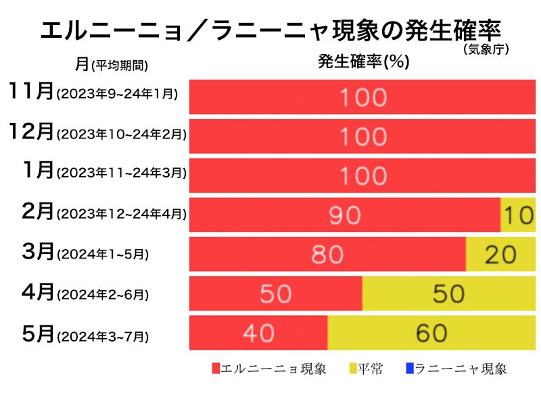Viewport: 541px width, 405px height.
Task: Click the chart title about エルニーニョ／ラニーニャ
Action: click(x=270, y=30)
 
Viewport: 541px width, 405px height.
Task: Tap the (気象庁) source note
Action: click(x=486, y=49)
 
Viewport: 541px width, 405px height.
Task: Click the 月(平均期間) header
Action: click(x=112, y=64)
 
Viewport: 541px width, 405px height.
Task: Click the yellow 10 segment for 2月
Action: click(x=518, y=215)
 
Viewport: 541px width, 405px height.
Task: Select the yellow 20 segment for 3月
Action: click(x=500, y=254)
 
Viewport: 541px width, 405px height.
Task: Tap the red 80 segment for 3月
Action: click(x=327, y=254)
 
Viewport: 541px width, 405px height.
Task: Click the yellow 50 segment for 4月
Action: click(x=448, y=294)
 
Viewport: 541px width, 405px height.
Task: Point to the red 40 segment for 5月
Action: click(x=258, y=333)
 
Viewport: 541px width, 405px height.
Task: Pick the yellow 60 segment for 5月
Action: click(x=431, y=333)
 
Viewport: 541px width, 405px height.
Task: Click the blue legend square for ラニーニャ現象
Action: click(x=409, y=369)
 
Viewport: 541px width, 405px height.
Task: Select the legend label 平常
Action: click(x=371, y=369)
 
